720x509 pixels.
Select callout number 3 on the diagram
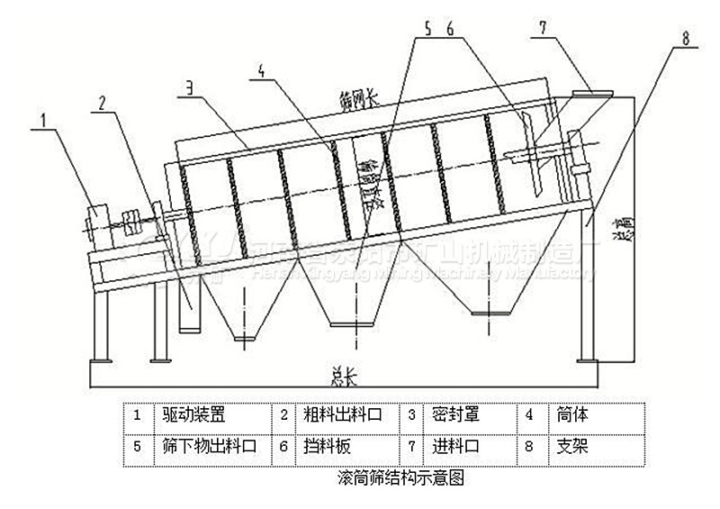[x=191, y=86]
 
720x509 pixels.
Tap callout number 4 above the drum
[x=259, y=70]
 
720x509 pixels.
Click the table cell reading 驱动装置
[x=193, y=415]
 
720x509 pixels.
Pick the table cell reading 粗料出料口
[x=341, y=415]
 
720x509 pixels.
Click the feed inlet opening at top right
[x=589, y=93]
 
